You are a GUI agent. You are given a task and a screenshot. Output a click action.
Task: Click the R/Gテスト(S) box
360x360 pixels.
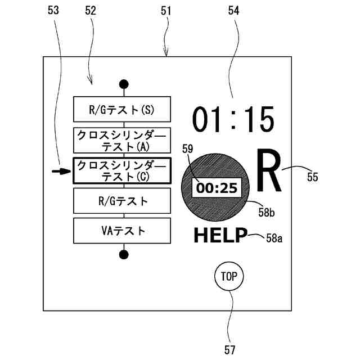pyautogui.click(x=121, y=110)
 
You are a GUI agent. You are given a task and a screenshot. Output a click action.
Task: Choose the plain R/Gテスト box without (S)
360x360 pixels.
pyautogui.click(x=121, y=200)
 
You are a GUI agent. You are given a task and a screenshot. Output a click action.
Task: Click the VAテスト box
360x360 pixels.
pyautogui.click(x=121, y=230)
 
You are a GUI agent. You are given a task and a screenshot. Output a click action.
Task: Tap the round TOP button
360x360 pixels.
pyautogui.click(x=229, y=276)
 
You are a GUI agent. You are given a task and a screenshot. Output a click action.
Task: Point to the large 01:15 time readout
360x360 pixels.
pyautogui.click(x=233, y=119)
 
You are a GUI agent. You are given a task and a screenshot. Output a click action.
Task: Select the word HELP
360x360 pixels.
pyautogui.click(x=220, y=236)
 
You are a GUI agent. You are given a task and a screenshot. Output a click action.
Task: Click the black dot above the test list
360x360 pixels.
pyautogui.click(x=124, y=84)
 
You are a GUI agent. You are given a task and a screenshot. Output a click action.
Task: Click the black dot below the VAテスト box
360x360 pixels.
pyautogui.click(x=124, y=254)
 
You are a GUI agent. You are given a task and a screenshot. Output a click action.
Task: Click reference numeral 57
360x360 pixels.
pyautogui.click(x=229, y=349)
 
